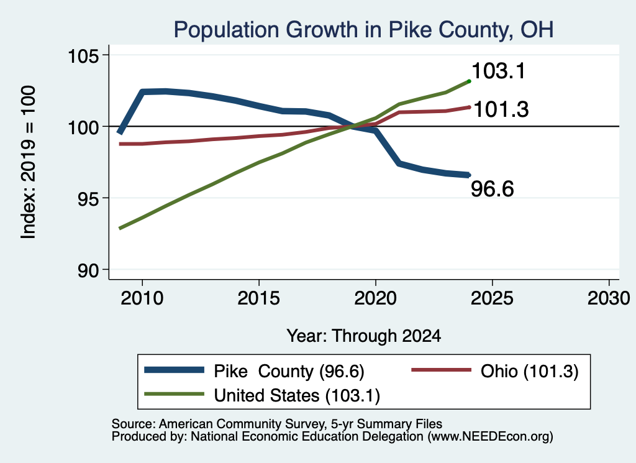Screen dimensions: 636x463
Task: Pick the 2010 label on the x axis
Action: tap(142, 298)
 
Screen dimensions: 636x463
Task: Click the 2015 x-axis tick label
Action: tap(259, 298)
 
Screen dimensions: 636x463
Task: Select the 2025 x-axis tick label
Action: tap(492, 298)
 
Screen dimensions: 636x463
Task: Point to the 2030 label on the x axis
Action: tap(609, 298)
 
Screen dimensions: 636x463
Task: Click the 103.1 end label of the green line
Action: tap(499, 71)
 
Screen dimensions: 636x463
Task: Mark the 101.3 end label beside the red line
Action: tap(501, 109)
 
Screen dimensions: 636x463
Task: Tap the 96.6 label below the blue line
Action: tap(493, 189)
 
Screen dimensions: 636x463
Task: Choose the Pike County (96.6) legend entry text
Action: tap(289, 371)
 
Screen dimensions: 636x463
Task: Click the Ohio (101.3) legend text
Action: tap(529, 371)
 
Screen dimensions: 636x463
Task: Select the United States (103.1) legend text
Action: tap(297, 395)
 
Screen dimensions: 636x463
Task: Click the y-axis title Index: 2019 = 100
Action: tap(29, 162)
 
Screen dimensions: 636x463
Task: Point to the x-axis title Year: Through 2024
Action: tap(364, 336)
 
